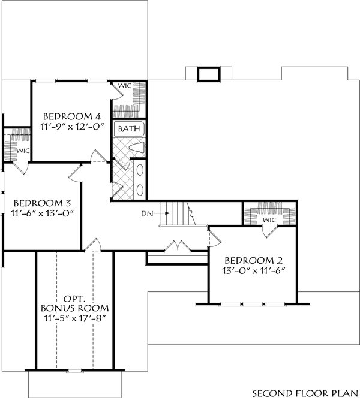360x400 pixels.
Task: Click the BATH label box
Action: click(x=128, y=129)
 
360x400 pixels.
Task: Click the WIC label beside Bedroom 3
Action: click(x=22, y=151)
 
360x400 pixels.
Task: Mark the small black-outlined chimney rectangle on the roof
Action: click(x=208, y=74)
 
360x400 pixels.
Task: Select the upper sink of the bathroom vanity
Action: click(x=140, y=170)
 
